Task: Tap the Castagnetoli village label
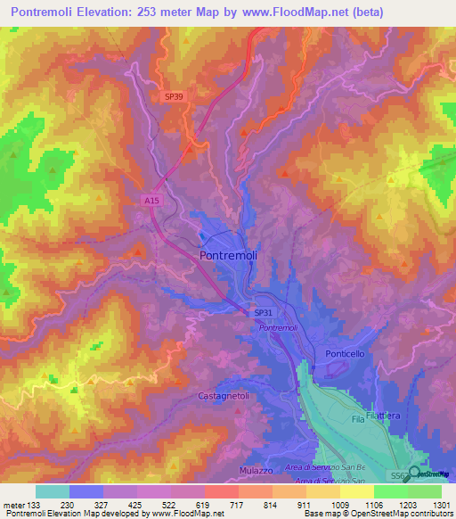225,394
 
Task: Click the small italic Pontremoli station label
278,328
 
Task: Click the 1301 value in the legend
441,506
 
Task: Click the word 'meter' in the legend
13,506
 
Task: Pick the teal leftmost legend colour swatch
53,491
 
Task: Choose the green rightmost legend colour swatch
425,491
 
